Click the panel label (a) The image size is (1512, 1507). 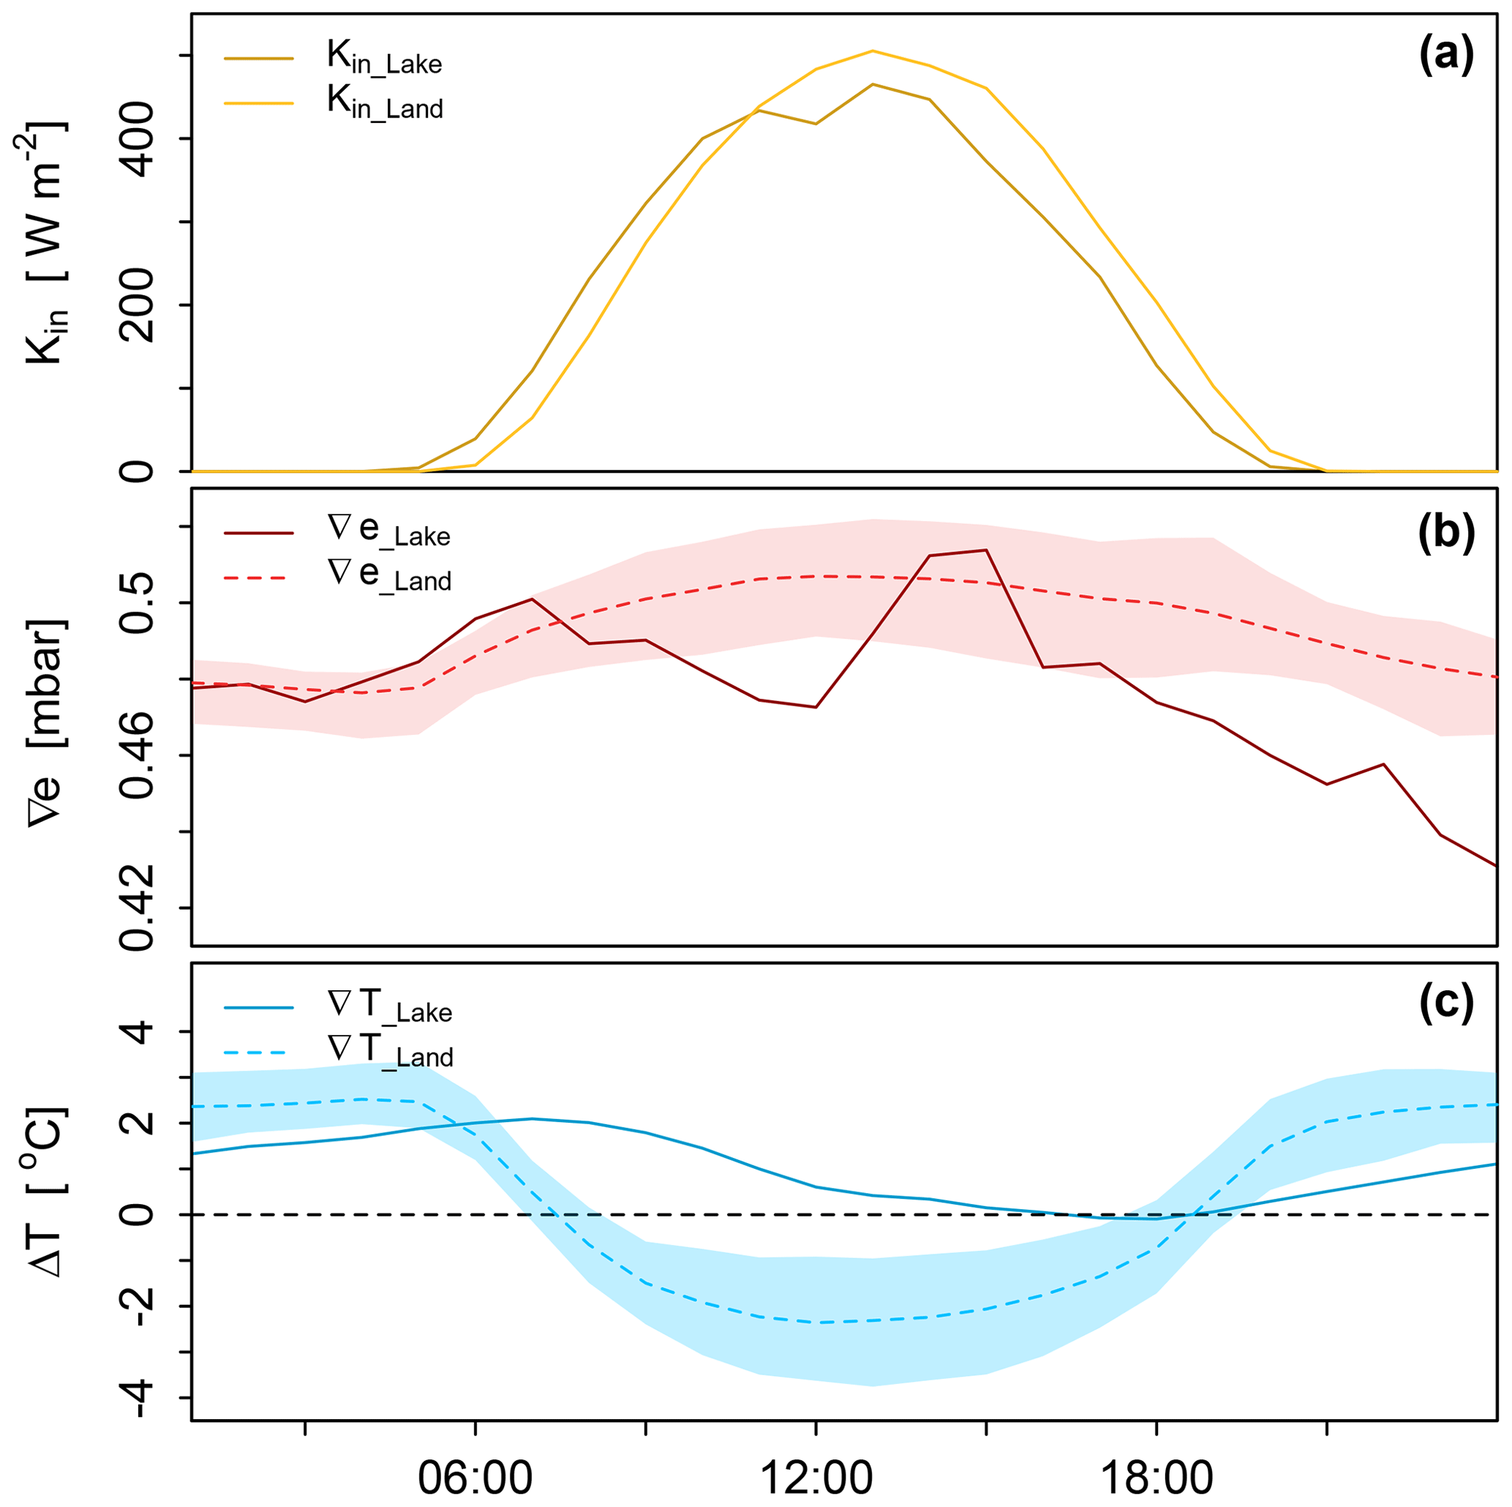click(x=1446, y=57)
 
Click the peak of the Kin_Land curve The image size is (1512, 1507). click(x=873, y=51)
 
